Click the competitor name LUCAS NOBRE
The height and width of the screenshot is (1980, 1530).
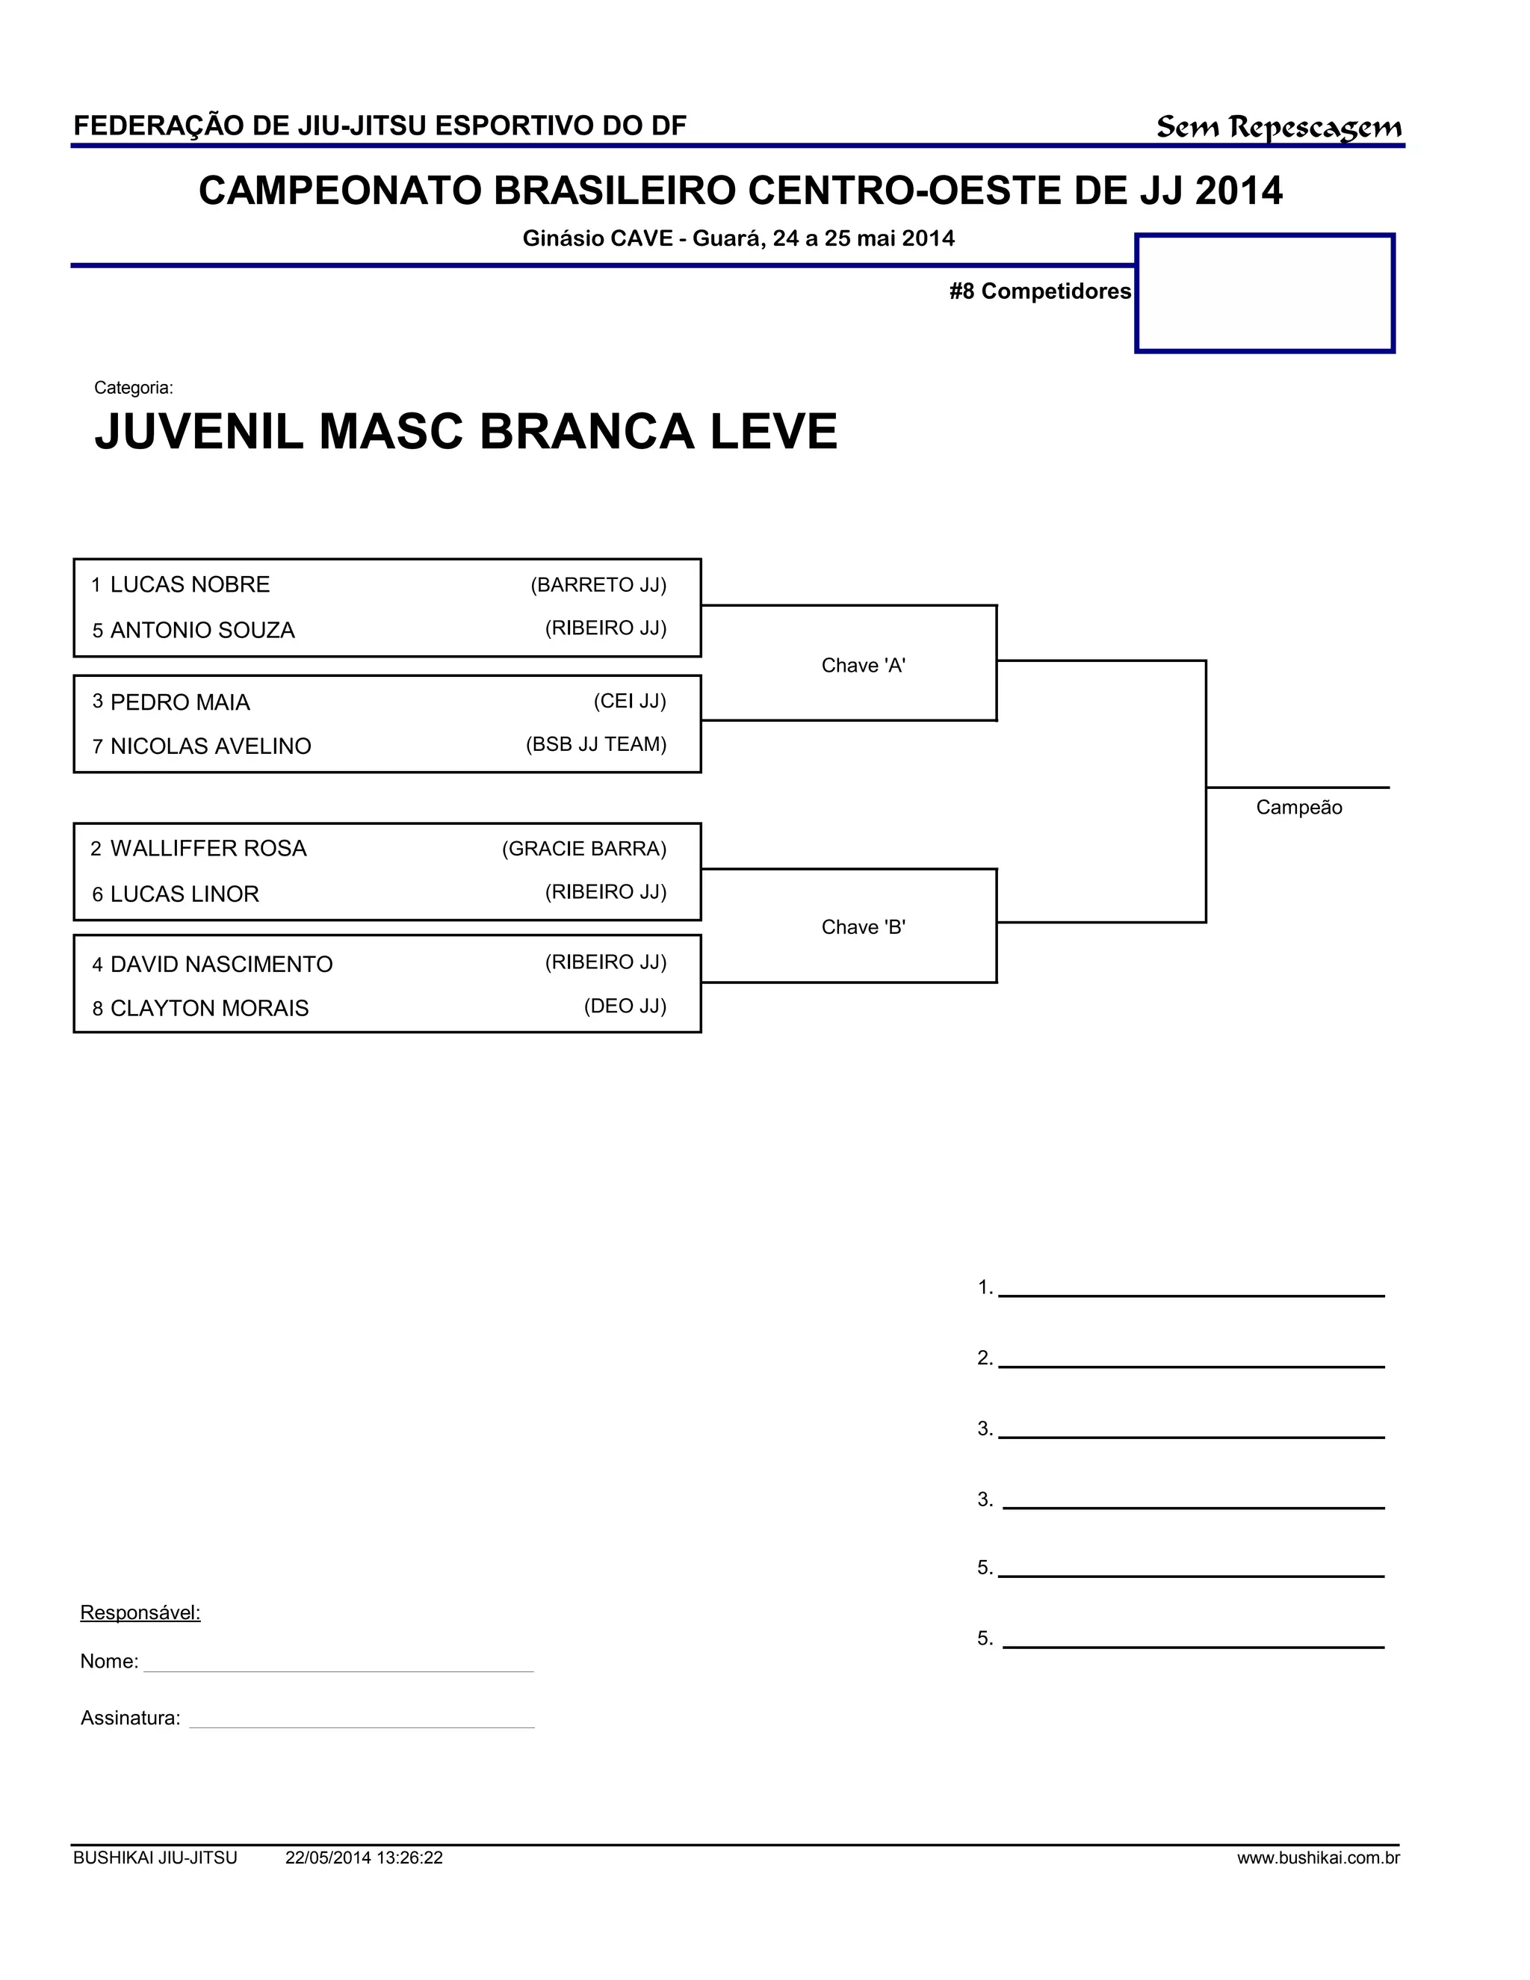coord(190,585)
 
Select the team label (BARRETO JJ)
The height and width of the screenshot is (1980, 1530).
coord(598,585)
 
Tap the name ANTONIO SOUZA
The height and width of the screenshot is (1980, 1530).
coord(202,630)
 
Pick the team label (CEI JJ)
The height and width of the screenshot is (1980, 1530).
coord(630,701)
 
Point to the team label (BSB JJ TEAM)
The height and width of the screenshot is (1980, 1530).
coord(595,744)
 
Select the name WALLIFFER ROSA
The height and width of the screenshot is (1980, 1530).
coord(208,849)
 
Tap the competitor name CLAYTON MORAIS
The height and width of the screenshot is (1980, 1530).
coord(209,1008)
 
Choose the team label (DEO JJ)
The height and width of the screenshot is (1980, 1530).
coord(625,1006)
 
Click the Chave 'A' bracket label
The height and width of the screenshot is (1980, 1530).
coord(863,666)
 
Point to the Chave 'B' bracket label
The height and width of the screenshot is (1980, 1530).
coord(863,926)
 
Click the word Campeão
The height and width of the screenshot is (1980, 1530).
coord(1298,808)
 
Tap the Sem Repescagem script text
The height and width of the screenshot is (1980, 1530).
coord(1278,128)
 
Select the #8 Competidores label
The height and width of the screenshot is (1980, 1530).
coord(1040,291)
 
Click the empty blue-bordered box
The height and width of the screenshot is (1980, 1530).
coord(1265,293)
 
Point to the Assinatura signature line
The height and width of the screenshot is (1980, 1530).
coord(361,1719)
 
